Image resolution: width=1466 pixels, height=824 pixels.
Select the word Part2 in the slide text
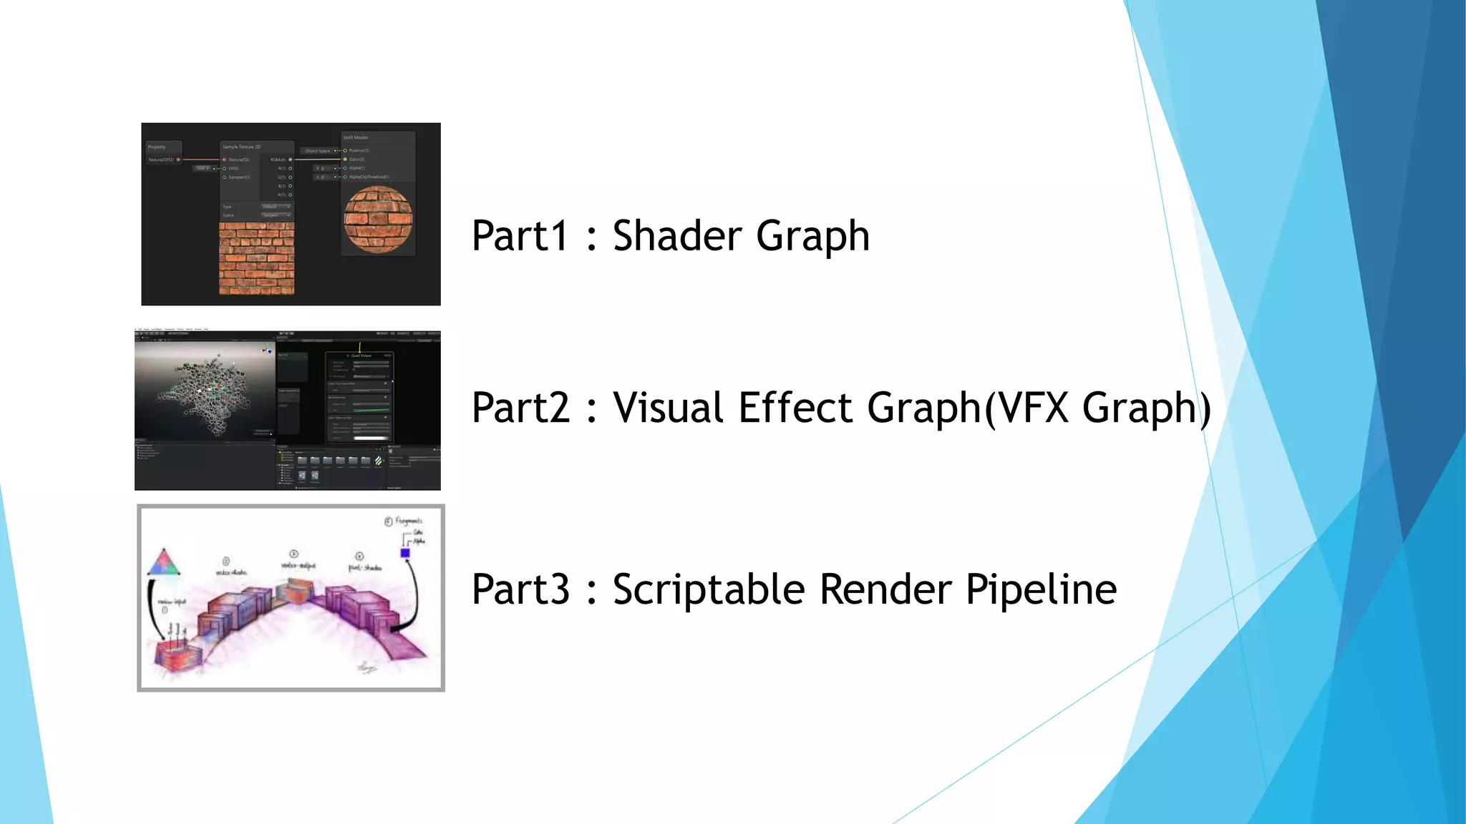point(520,408)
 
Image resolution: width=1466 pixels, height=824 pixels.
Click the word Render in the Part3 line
point(885,590)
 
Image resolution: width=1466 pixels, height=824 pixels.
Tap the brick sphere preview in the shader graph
point(378,220)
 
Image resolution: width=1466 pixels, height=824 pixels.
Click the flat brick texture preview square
point(256,257)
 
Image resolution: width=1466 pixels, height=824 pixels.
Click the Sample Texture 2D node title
point(242,147)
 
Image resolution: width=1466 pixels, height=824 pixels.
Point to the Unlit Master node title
point(356,137)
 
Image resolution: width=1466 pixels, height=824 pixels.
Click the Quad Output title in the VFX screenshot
point(360,355)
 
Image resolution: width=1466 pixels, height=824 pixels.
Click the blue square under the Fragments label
point(405,553)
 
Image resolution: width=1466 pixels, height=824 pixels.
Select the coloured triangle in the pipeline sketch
point(164,564)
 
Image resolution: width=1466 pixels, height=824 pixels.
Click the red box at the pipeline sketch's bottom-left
point(176,655)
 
